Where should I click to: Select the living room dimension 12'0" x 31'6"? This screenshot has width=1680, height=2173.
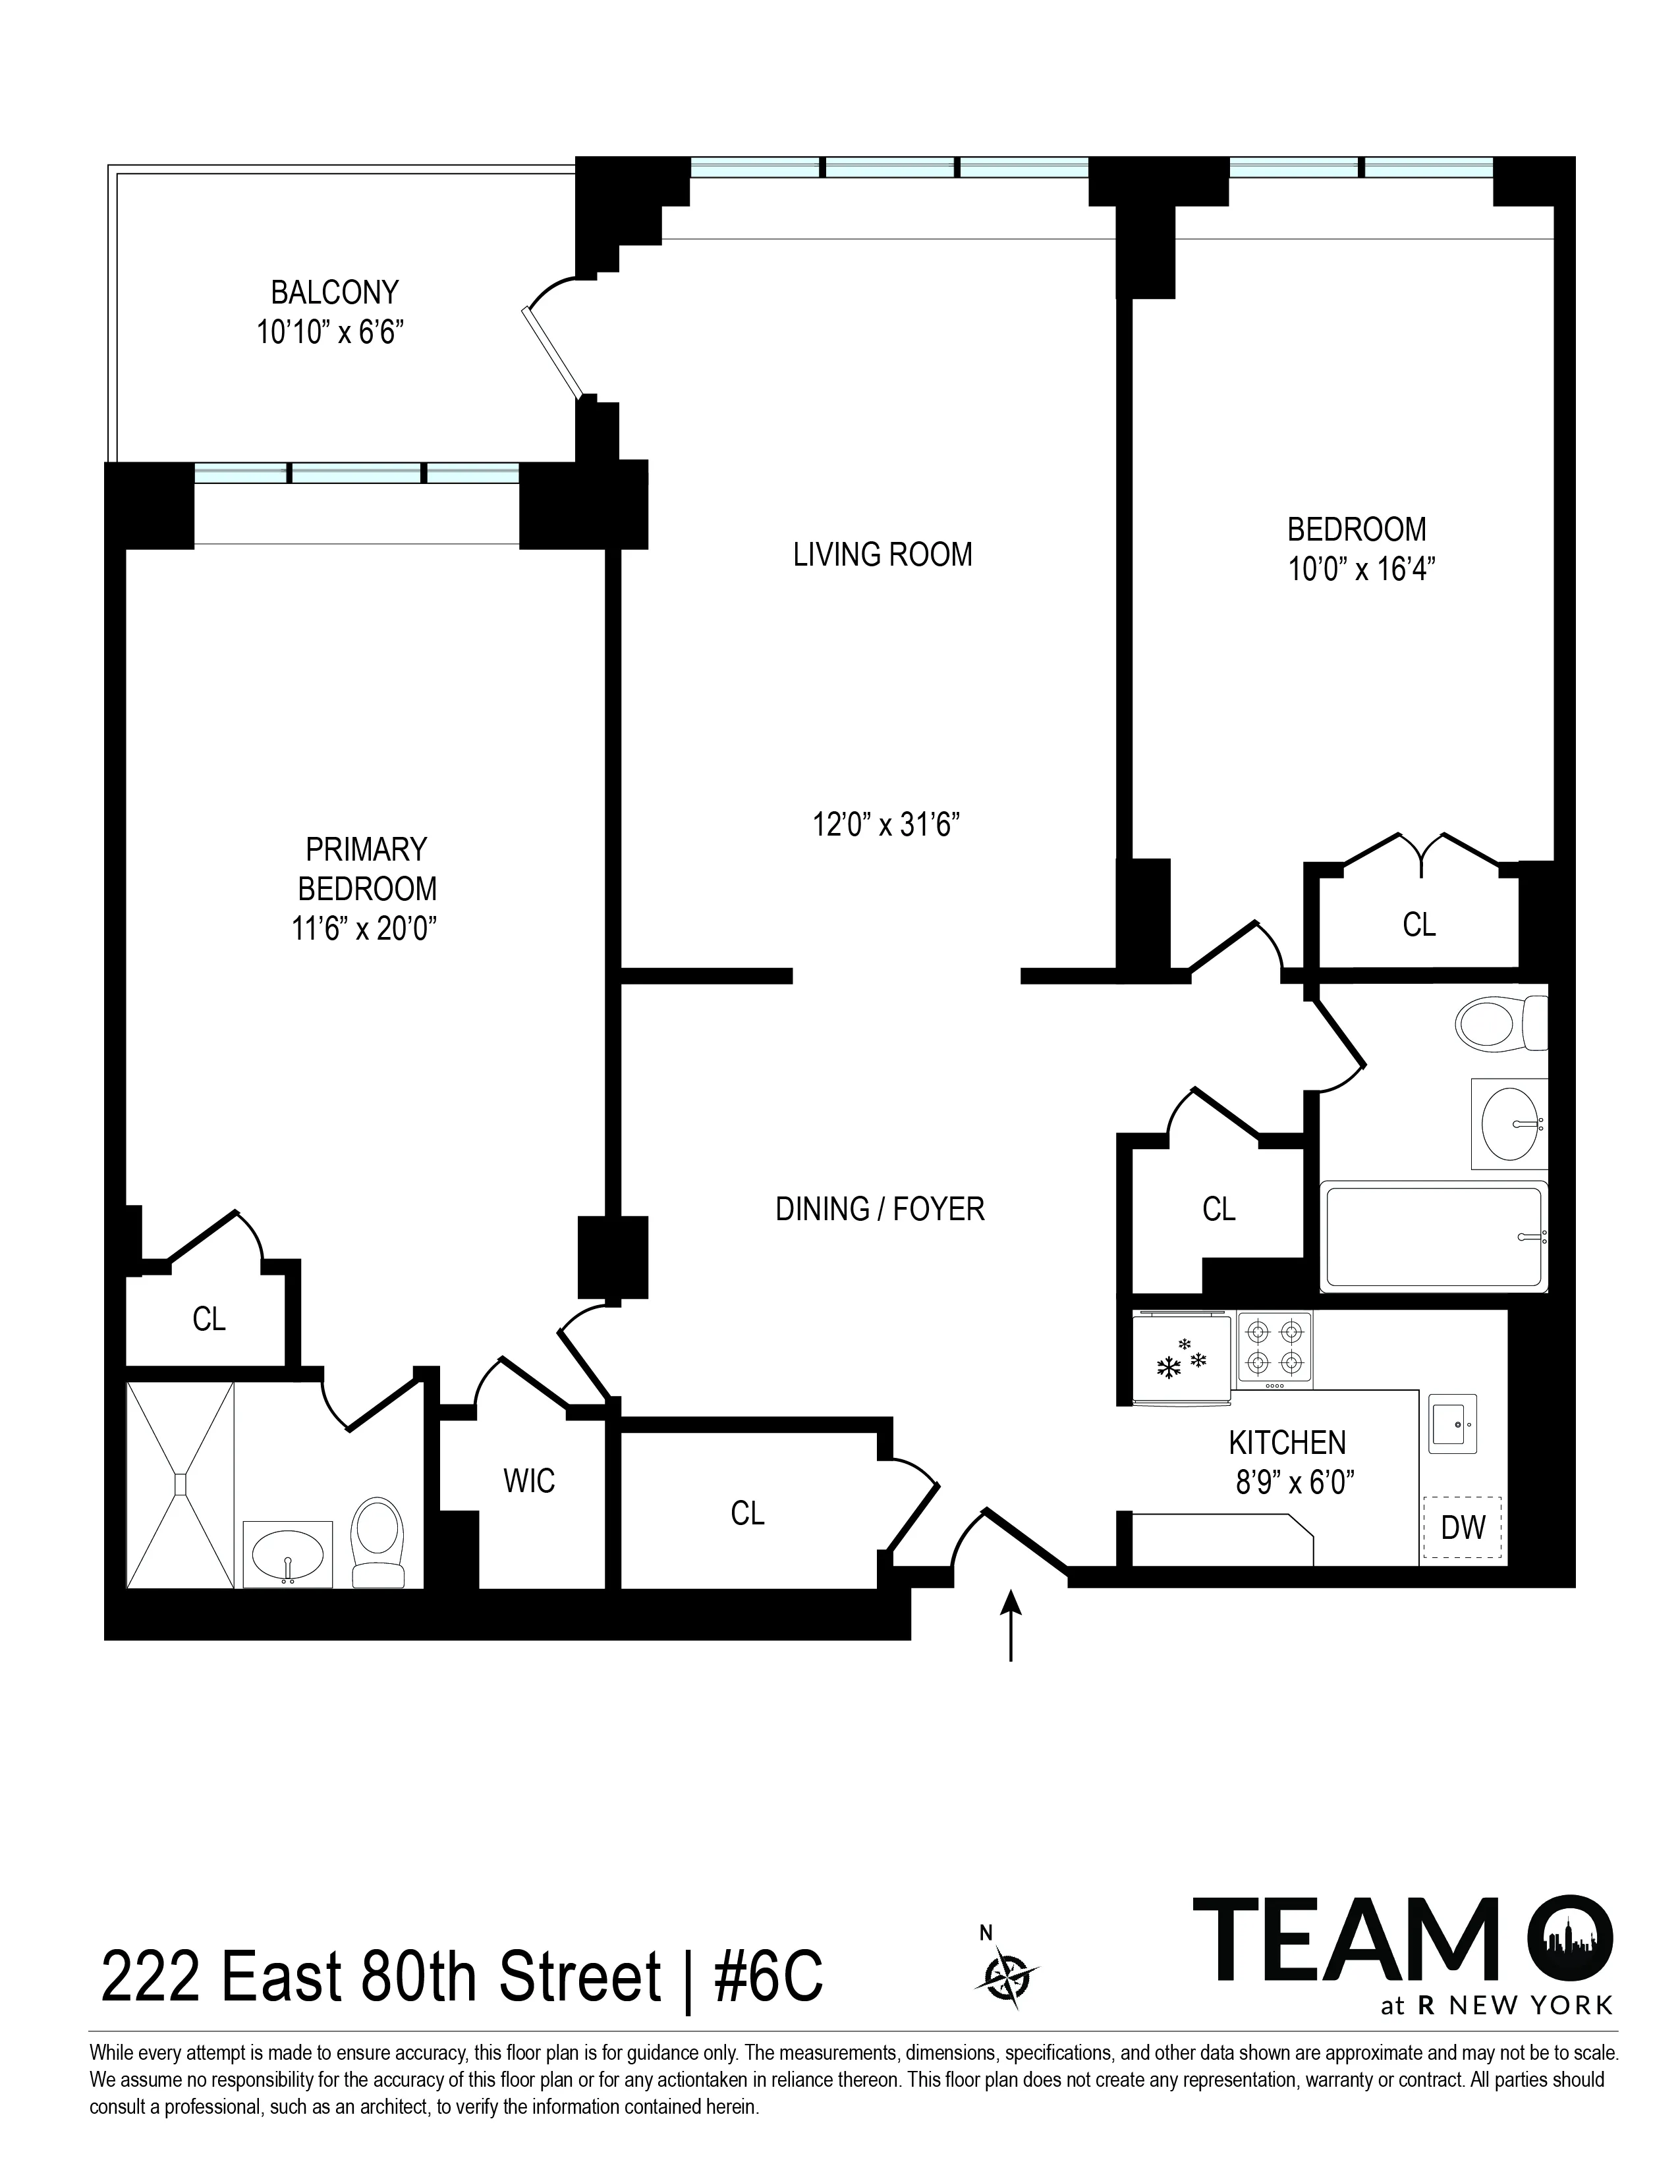tap(885, 825)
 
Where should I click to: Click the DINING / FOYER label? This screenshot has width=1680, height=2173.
tap(880, 1209)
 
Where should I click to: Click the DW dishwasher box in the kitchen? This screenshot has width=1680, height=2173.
tap(1462, 1527)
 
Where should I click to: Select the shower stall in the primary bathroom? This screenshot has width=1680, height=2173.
tap(180, 1484)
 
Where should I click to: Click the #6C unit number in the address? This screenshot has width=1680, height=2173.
tap(768, 1978)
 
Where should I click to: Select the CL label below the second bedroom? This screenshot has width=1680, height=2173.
tap(1418, 925)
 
